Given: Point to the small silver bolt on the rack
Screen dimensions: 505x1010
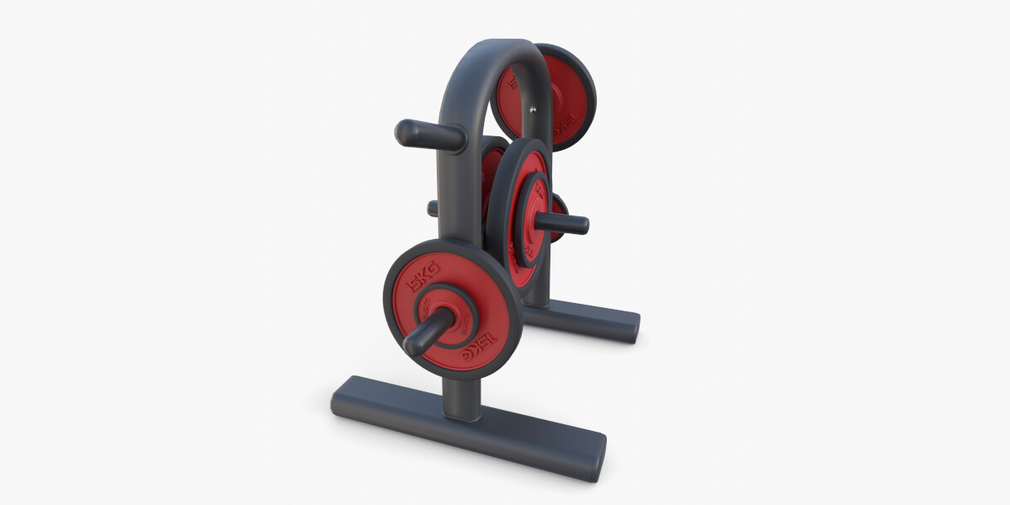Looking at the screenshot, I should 532,108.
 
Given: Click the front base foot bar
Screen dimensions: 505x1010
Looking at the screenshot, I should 467,427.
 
